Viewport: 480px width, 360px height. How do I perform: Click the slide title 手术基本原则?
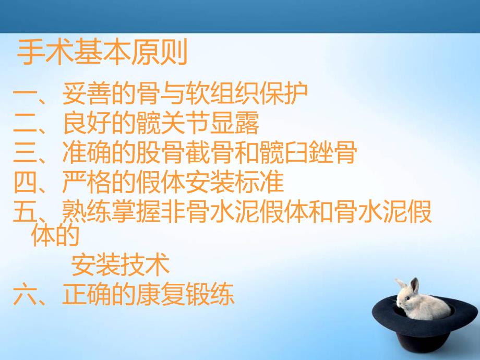click(102, 54)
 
